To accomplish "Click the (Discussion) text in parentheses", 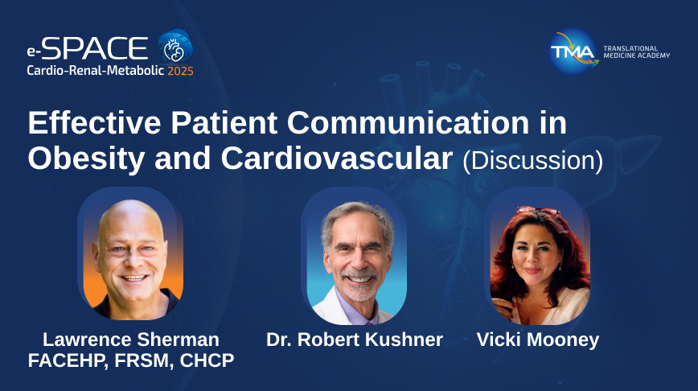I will [x=532, y=160].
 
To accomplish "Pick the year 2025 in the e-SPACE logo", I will [x=180, y=71].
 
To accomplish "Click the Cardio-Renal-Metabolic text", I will [x=95, y=71].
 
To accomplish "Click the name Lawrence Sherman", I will [x=131, y=340].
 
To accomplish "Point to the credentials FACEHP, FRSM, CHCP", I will [x=131, y=360].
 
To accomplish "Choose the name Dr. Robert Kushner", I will [x=355, y=340].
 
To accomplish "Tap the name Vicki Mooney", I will [x=538, y=340].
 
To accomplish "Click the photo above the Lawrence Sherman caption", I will [x=131, y=256].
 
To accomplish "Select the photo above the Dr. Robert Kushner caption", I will [x=355, y=256].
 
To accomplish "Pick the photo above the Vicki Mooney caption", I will [x=538, y=256].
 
